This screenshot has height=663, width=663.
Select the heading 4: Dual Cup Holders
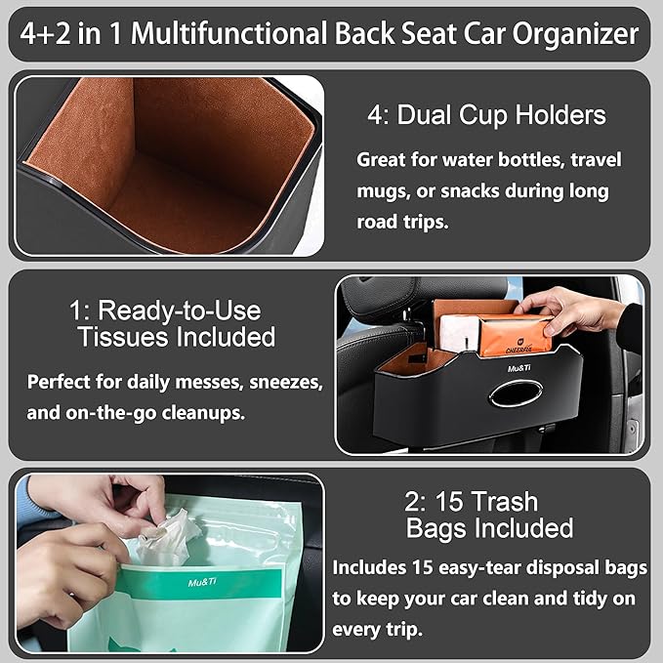486,114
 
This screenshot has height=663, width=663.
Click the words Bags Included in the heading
489,529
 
